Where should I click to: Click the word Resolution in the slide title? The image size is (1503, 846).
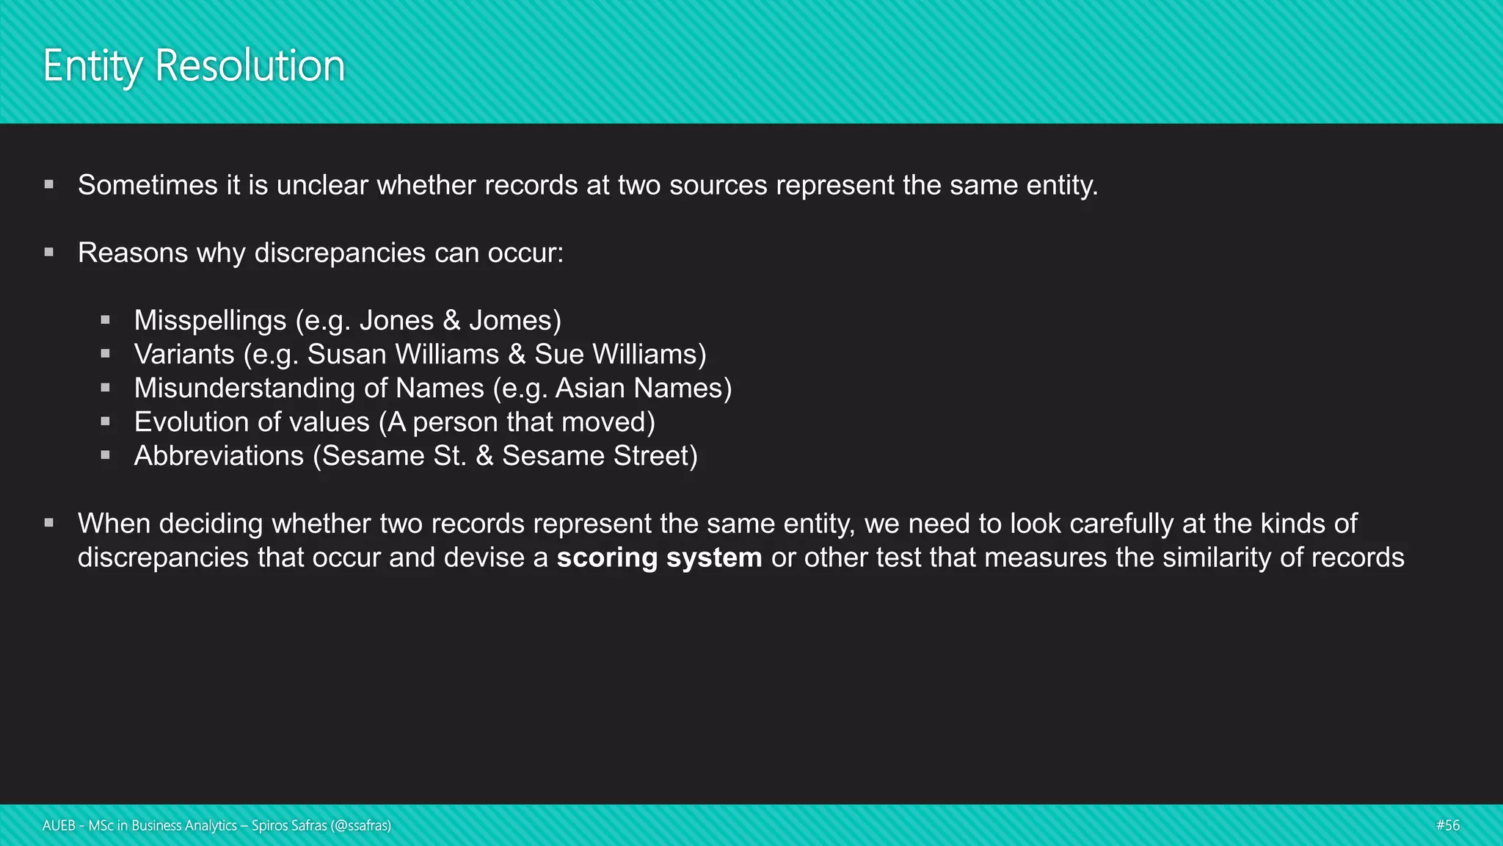click(250, 66)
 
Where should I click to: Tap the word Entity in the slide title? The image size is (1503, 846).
click(92, 67)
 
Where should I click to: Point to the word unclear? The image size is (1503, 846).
click(322, 185)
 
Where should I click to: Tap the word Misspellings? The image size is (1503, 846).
click(210, 320)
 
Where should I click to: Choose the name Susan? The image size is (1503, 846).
click(346, 354)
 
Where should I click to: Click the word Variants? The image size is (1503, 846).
click(184, 354)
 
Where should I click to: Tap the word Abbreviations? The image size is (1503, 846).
click(219, 455)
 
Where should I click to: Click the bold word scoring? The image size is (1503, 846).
click(607, 557)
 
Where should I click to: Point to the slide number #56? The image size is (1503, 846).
click(1448, 825)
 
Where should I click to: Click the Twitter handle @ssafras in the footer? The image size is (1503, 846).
click(361, 825)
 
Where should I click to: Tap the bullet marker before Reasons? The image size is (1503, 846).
click(49, 253)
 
